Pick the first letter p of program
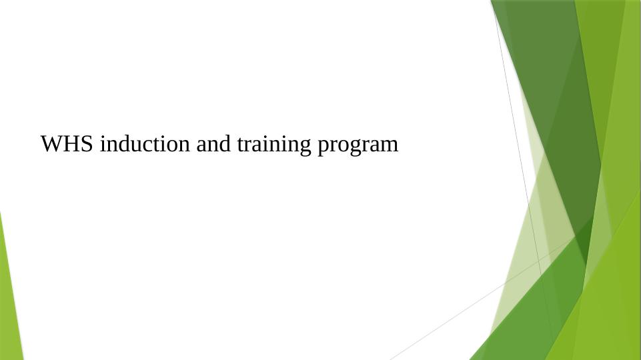point(323,147)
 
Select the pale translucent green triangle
point(527,253)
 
